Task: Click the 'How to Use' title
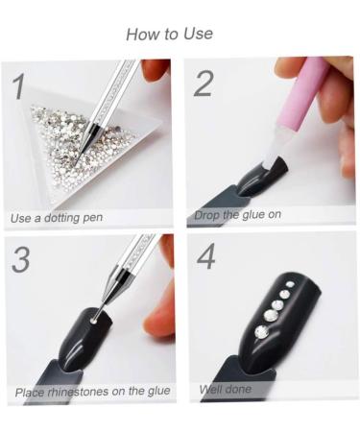pyautogui.click(x=169, y=34)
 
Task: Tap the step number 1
pyautogui.click(x=19, y=86)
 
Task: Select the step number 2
pyautogui.click(x=203, y=84)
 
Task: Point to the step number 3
pyautogui.click(x=21, y=259)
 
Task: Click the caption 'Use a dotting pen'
pyautogui.click(x=57, y=218)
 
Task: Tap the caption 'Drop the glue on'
pyautogui.click(x=237, y=214)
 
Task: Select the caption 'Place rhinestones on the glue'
pyautogui.click(x=92, y=392)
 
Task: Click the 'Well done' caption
pyautogui.click(x=226, y=389)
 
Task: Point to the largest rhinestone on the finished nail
pyautogui.click(x=262, y=332)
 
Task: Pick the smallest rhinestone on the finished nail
pyautogui.click(x=290, y=284)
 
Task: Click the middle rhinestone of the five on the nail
pyautogui.click(x=277, y=305)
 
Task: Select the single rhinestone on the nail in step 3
pyautogui.click(x=94, y=320)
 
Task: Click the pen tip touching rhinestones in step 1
pyautogui.click(x=76, y=164)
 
